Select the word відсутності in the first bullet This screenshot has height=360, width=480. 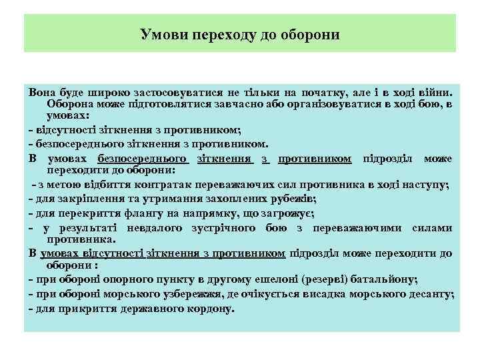[x=65, y=129]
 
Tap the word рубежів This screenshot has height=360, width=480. [x=291, y=199]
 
